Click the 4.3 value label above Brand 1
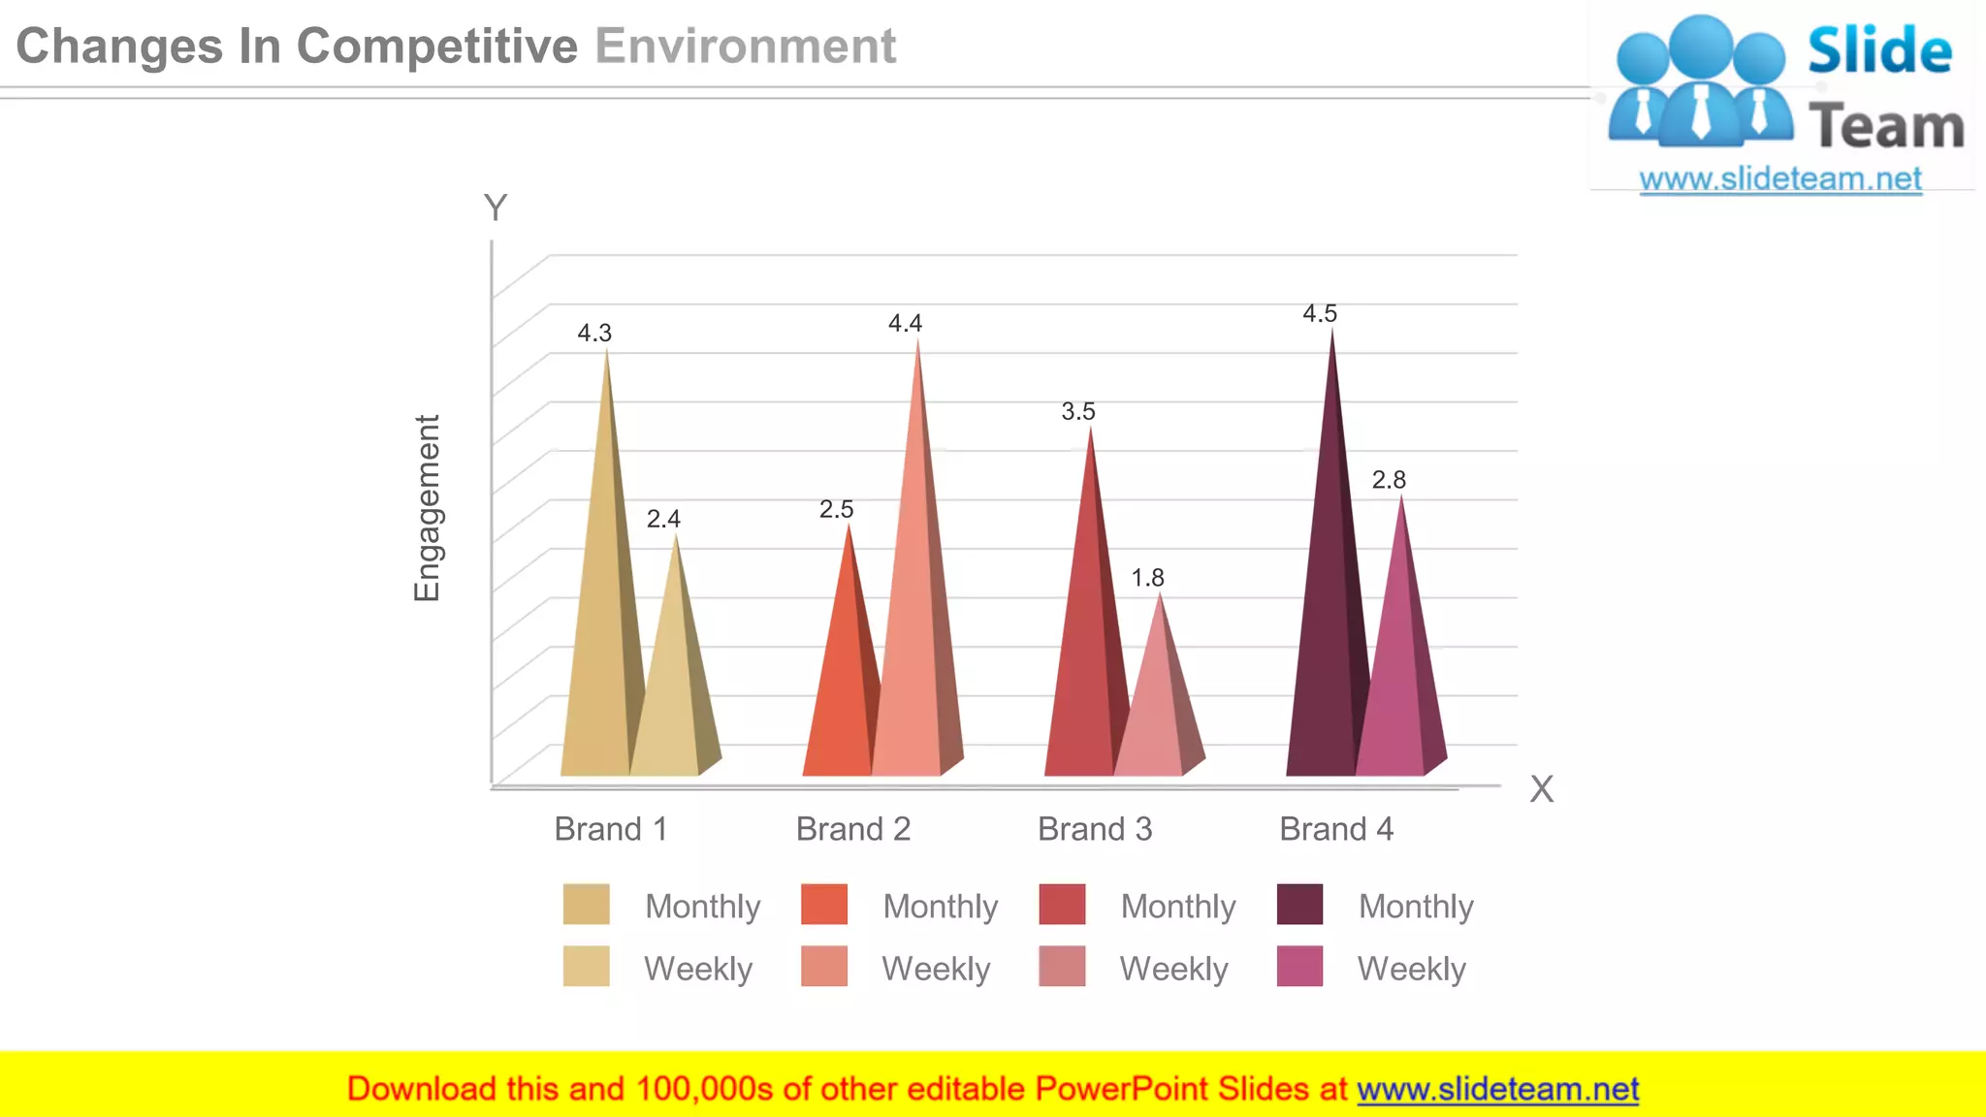pyautogui.click(x=594, y=334)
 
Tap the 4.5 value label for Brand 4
pyautogui.click(x=1320, y=314)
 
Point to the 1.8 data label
pyautogui.click(x=1147, y=578)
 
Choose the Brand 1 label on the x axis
pyautogui.click(x=611, y=829)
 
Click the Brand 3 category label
pyautogui.click(x=1095, y=829)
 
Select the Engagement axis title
pyautogui.click(x=428, y=508)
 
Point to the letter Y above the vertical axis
pyautogui.click(x=496, y=207)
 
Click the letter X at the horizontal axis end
pyautogui.click(x=1541, y=789)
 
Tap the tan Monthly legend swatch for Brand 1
pyautogui.click(x=586, y=905)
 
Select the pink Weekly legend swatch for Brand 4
pyautogui.click(x=1299, y=967)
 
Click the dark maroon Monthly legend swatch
pyautogui.click(x=1299, y=905)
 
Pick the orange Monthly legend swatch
pyautogui.click(x=824, y=905)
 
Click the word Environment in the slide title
pyautogui.click(x=745, y=47)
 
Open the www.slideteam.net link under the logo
pyautogui.click(x=1780, y=179)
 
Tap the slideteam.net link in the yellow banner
pyautogui.click(x=1497, y=1090)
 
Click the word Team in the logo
pyautogui.click(x=1886, y=127)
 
